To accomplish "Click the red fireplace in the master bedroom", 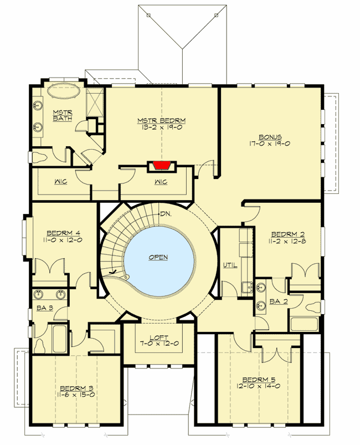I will [x=161, y=165].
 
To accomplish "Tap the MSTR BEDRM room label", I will [x=161, y=120].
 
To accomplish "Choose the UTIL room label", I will [x=230, y=265].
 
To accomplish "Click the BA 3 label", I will [x=45, y=308].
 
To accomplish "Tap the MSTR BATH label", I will [x=59, y=116].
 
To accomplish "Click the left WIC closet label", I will [x=61, y=182].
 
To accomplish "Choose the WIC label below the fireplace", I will [x=161, y=182].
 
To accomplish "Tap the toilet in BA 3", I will [x=40, y=344].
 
